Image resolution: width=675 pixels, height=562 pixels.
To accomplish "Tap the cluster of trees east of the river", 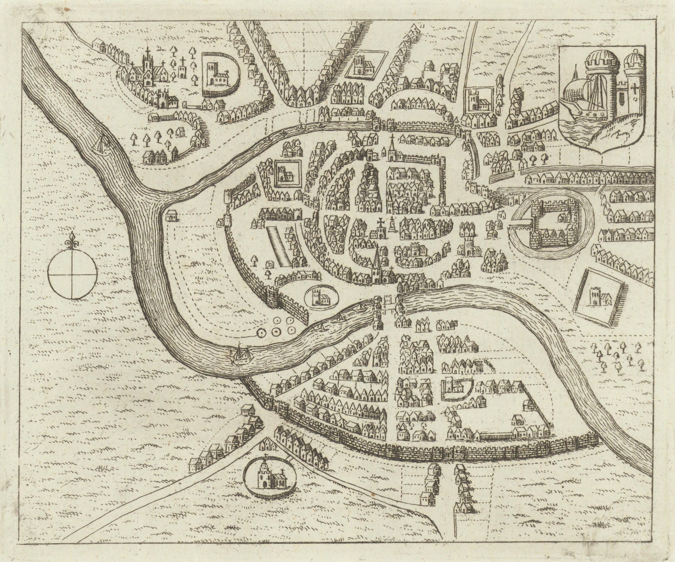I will [617, 355].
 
